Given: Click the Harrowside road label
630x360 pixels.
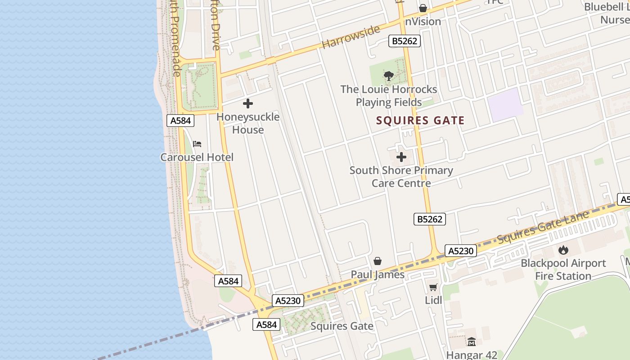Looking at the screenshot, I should pyautogui.click(x=351, y=37).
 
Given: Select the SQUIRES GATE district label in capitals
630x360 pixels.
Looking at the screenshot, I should pyautogui.click(x=420, y=121).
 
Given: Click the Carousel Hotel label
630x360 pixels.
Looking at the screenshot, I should pyautogui.click(x=197, y=157).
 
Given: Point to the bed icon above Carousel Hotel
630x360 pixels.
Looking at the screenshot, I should pyautogui.click(x=197, y=144).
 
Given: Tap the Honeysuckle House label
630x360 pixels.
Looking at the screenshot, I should pyautogui.click(x=248, y=123).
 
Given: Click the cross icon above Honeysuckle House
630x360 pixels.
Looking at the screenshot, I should pyautogui.click(x=248, y=104).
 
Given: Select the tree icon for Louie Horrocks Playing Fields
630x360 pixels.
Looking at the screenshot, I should pyautogui.click(x=389, y=76).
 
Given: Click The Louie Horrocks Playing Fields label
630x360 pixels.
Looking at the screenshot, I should pyautogui.click(x=389, y=96).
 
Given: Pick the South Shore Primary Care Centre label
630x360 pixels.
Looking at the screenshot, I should pyautogui.click(x=401, y=177).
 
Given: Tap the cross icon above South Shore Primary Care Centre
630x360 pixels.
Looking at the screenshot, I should pyautogui.click(x=401, y=157).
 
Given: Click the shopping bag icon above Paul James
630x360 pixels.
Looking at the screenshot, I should pyautogui.click(x=378, y=261).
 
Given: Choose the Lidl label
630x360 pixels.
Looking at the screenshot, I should pyautogui.click(x=433, y=300).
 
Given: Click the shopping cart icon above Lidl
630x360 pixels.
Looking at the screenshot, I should pyautogui.click(x=433, y=287).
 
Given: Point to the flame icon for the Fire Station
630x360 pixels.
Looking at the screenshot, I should pyautogui.click(x=563, y=250).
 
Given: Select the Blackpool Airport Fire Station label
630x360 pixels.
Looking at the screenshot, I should pyautogui.click(x=563, y=270).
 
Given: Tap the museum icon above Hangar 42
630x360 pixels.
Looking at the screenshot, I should pyautogui.click(x=472, y=342).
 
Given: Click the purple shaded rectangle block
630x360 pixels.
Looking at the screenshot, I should pyautogui.click(x=505, y=105).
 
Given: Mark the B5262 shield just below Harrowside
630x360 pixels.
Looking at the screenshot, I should pyautogui.click(x=405, y=41).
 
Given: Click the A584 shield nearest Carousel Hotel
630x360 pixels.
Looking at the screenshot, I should pyautogui.click(x=181, y=121).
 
